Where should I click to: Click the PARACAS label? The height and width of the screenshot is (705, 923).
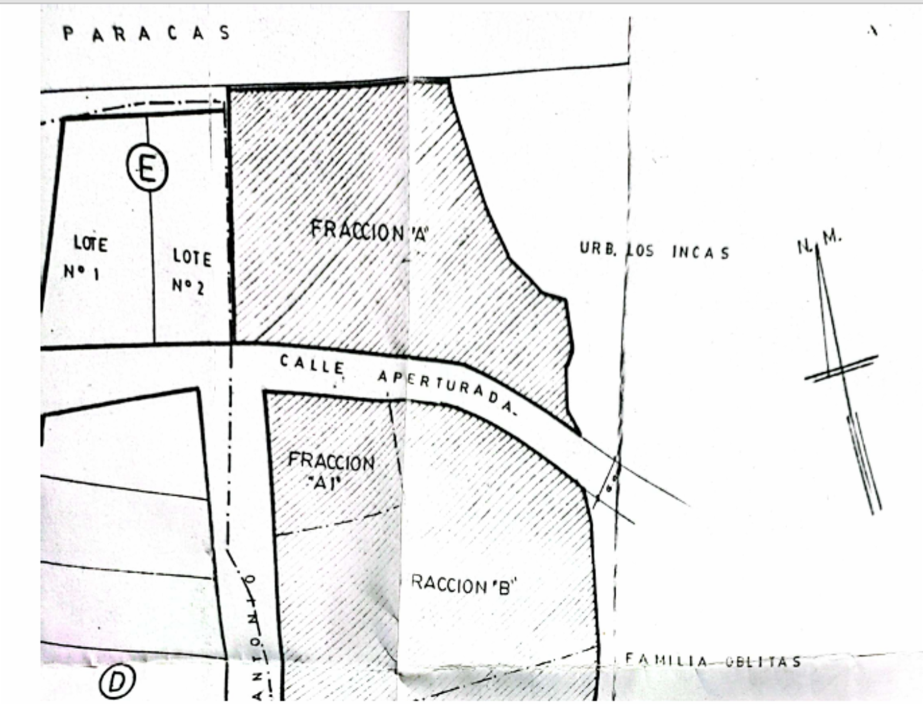click(147, 33)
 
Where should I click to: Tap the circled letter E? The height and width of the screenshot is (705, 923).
click(147, 170)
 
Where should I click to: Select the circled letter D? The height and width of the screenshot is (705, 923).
click(118, 681)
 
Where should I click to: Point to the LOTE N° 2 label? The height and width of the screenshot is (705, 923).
click(191, 271)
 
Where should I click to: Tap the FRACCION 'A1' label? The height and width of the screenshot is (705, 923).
click(331, 470)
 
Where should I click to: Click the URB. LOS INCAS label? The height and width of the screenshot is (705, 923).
click(655, 250)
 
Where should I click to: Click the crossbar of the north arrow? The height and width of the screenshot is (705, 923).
click(841, 368)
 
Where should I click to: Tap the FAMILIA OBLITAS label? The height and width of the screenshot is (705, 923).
click(713, 660)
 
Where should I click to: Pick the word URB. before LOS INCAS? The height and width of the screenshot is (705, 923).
click(598, 249)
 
